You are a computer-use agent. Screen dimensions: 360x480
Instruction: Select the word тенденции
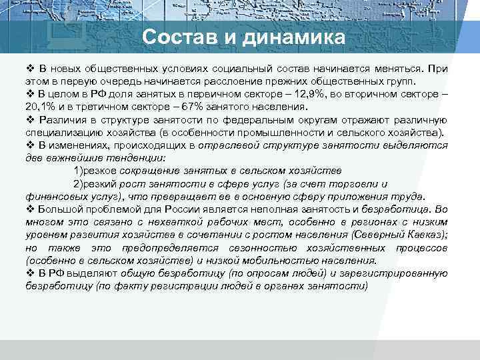[141, 158]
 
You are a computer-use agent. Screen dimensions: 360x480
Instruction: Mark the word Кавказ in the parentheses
[421, 235]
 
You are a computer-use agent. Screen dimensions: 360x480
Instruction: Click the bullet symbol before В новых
[31, 69]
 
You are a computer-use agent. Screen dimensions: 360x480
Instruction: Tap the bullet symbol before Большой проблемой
[31, 209]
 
